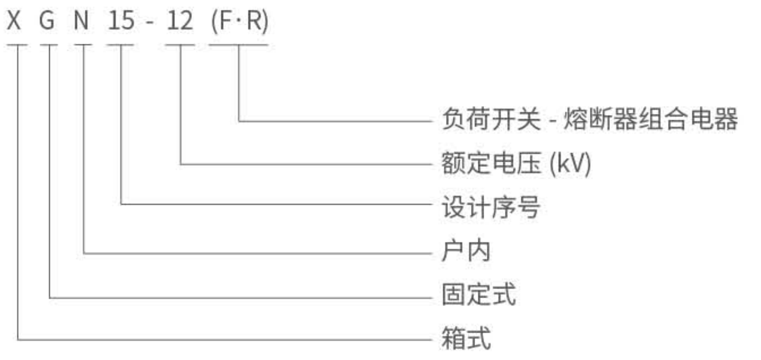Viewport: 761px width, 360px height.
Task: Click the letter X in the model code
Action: click(x=14, y=20)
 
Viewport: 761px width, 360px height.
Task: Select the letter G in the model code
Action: click(x=47, y=20)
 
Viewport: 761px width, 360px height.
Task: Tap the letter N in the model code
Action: click(x=81, y=20)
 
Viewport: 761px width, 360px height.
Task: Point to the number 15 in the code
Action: click(x=121, y=20)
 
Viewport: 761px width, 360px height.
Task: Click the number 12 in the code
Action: click(x=180, y=20)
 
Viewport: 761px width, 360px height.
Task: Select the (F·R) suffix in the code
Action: click(x=240, y=20)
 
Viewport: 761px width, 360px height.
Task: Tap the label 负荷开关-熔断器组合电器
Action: click(x=589, y=119)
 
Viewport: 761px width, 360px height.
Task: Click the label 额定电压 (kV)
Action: click(x=516, y=163)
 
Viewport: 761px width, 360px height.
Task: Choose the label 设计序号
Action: click(x=490, y=207)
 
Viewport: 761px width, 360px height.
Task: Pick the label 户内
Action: click(x=466, y=251)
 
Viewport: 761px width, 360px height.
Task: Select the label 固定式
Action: click(x=479, y=294)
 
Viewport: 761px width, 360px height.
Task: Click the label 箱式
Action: click(x=466, y=338)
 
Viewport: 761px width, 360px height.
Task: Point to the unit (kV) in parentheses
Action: click(x=570, y=163)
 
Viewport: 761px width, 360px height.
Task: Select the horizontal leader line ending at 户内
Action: click(x=255, y=253)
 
